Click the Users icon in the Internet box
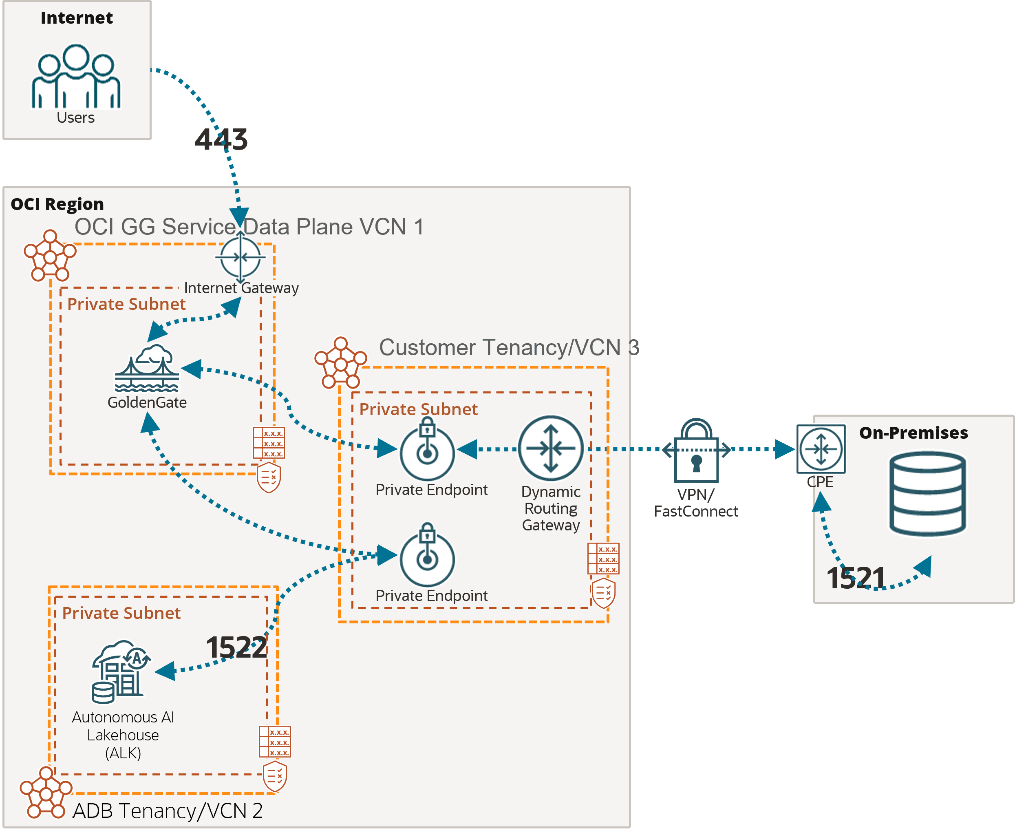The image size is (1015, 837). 76,77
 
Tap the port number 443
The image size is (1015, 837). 221,139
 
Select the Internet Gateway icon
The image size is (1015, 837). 240,258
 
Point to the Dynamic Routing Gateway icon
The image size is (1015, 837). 550,448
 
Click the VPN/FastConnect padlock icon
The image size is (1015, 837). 696,451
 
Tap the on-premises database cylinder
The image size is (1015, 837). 927,494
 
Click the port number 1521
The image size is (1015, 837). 856,578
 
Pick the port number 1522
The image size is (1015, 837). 236,647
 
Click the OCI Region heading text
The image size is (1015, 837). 57,204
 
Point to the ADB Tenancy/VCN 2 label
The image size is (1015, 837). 167,810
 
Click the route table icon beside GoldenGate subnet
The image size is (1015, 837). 269,443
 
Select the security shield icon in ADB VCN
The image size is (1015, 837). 275,776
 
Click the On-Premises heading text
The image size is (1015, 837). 913,433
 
